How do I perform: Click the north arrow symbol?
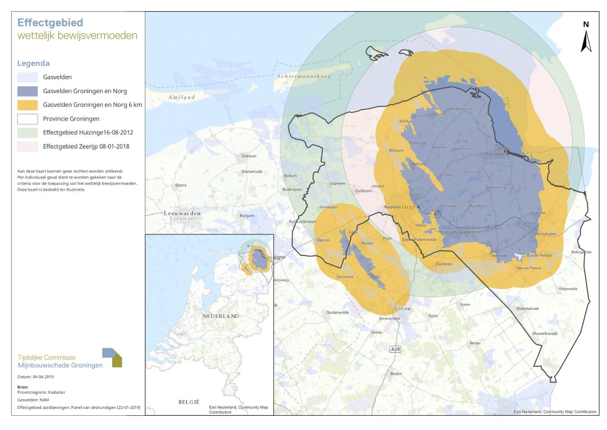coord(586,41)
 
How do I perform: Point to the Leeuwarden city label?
coord(182,214)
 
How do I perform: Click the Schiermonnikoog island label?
coord(303,76)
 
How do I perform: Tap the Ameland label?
coord(182,97)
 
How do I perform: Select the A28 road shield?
coord(396,349)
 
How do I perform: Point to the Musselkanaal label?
coord(545,334)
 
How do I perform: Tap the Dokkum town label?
coord(249,156)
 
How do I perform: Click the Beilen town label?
coord(396,374)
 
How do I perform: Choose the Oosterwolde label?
coord(337,312)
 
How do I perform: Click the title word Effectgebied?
coord(50,23)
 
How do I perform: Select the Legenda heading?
coord(33,64)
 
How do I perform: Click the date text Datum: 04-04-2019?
coord(35,377)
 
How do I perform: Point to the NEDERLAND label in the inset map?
coord(220,316)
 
